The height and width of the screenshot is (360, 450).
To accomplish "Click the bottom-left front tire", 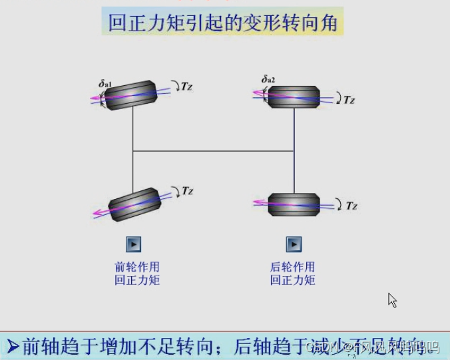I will coord(135,205).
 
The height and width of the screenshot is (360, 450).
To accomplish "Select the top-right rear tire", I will coord(294,96).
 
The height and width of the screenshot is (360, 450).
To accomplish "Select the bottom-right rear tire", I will coord(294,204).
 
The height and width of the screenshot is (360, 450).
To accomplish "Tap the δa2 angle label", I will coord(268,81).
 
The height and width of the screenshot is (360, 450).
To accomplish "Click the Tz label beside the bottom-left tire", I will coord(187,192).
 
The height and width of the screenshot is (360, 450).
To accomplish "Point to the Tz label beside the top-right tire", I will coord(349,100).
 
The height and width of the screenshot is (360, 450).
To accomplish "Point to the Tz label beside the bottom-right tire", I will coord(351,206).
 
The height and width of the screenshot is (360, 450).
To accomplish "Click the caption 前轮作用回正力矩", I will coord(136,273).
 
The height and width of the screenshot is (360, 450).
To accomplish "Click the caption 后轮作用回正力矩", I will coord(293,273).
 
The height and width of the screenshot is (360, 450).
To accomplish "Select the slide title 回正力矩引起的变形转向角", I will coord(226,23).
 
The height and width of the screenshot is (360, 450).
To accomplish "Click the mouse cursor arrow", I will coord(392,300).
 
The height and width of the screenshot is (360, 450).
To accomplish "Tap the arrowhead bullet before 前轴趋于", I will coord(13,346).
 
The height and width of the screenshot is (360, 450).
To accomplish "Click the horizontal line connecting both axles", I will coord(213,151).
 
